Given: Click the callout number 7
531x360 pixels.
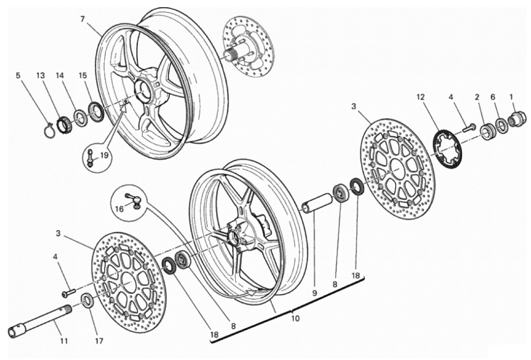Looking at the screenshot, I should (82, 19).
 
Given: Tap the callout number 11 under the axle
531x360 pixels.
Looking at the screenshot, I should (64, 341).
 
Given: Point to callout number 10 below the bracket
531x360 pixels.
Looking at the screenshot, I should (295, 318).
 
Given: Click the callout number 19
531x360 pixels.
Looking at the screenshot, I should (103, 156).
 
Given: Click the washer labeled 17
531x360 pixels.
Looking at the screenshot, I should (87, 301).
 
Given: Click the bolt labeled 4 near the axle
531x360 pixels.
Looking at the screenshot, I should (68, 293).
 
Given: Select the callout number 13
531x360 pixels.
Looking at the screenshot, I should (41, 75).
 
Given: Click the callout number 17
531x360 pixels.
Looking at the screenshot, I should (99, 341).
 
